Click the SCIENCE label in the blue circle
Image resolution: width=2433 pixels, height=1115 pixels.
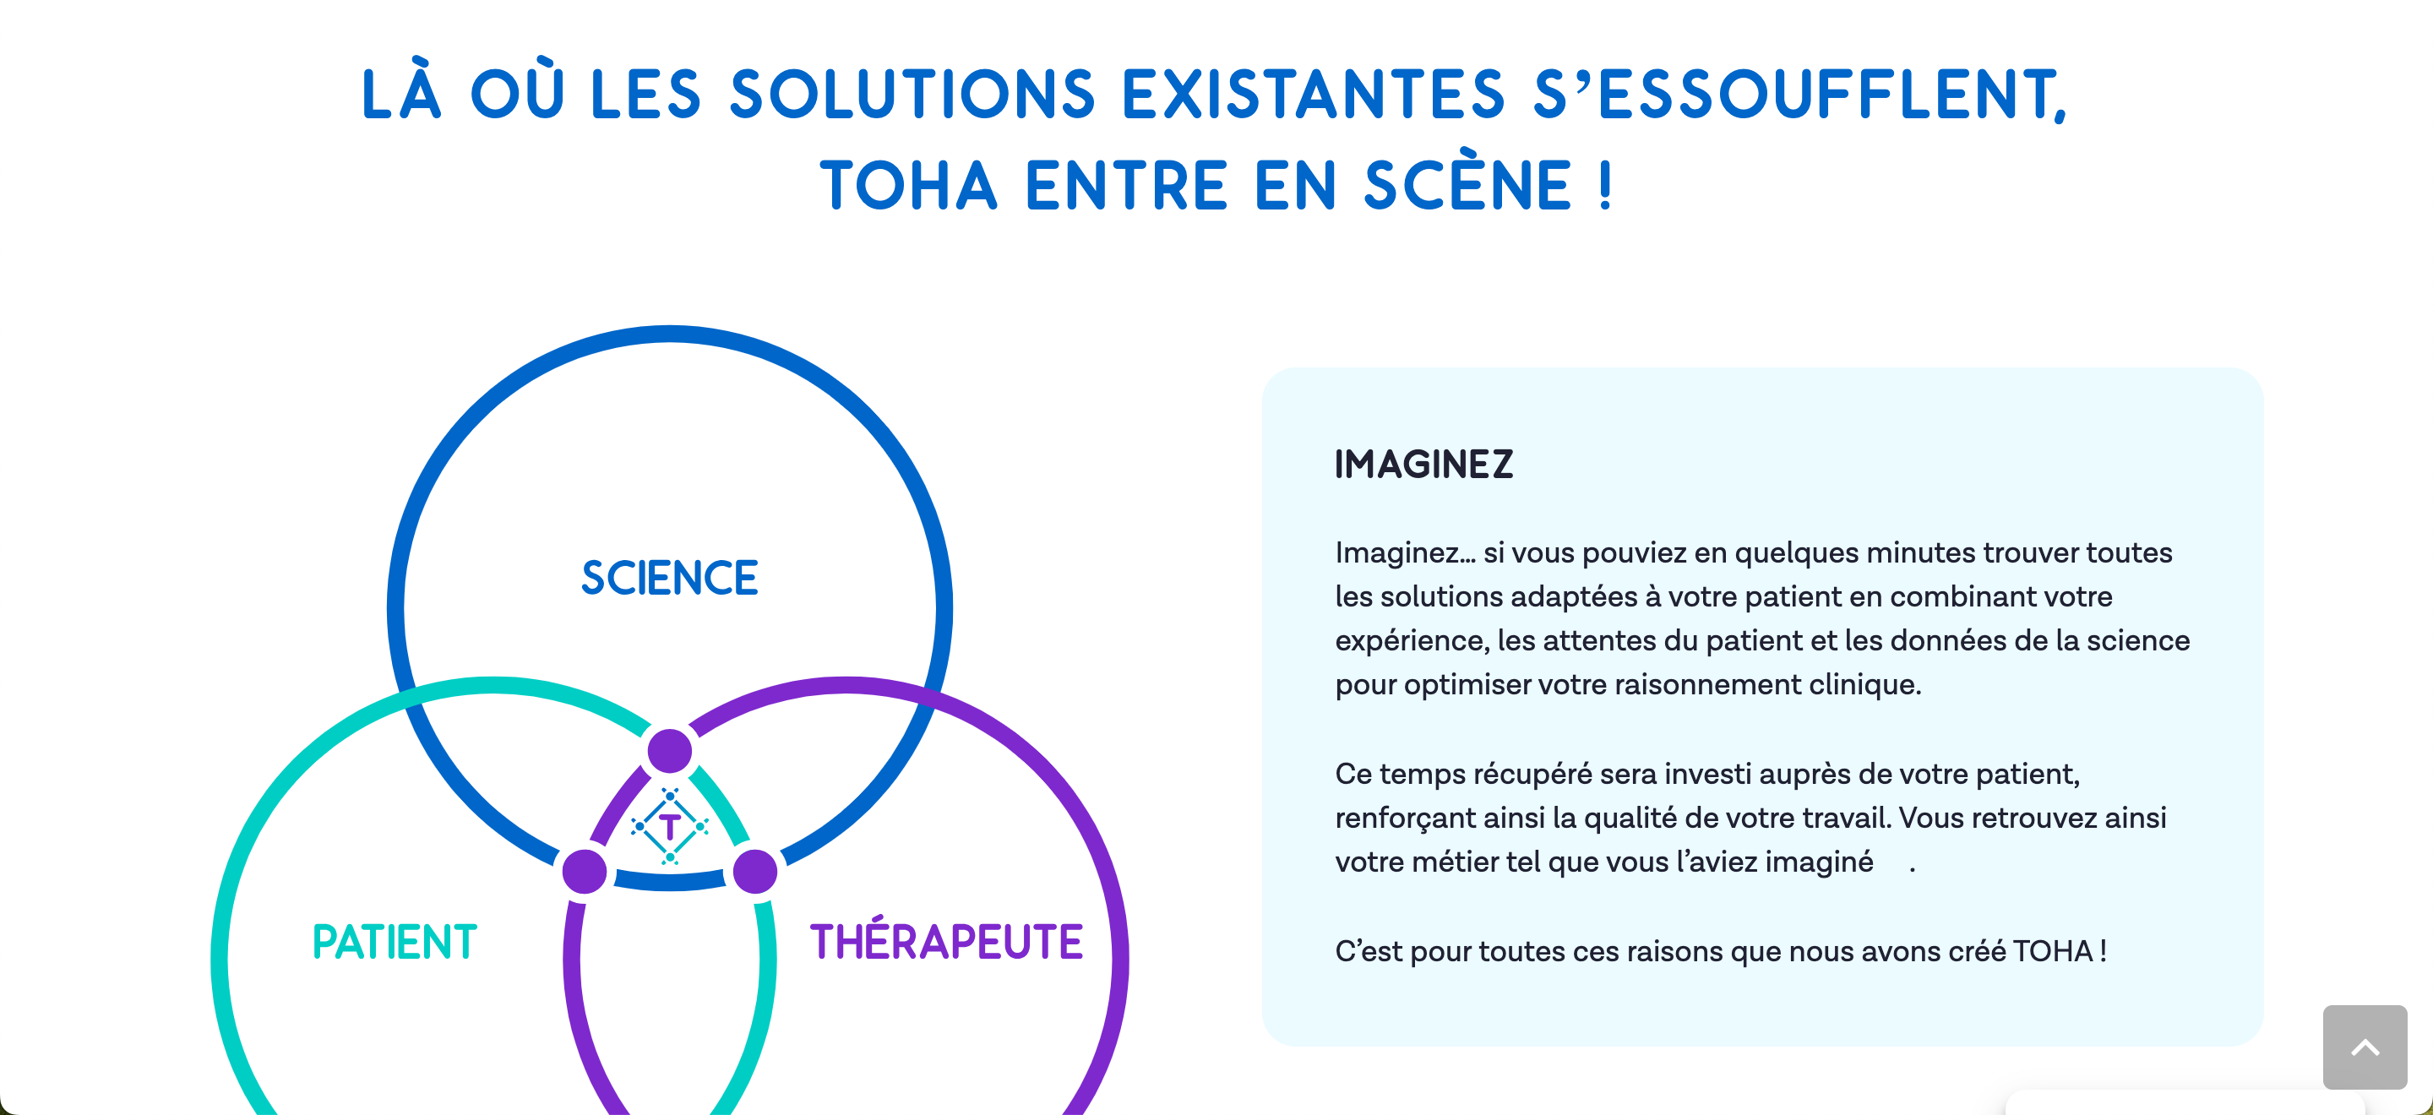(x=670, y=578)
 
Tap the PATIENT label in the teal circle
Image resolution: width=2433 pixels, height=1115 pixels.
(x=395, y=941)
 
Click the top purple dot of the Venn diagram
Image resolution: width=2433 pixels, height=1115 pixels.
(x=670, y=752)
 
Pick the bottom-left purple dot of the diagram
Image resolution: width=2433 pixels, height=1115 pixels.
(x=585, y=871)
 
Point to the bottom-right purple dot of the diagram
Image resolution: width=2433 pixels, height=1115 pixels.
(x=755, y=871)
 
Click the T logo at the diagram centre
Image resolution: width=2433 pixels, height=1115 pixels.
(x=670, y=826)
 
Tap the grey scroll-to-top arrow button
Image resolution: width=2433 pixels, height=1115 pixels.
(x=2365, y=1047)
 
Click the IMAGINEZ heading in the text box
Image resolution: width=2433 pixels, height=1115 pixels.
(x=1423, y=465)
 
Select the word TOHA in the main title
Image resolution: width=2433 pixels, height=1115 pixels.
(x=909, y=185)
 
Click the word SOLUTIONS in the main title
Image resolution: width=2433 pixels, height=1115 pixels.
(x=912, y=95)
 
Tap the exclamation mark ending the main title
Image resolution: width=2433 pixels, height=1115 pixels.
(x=1606, y=185)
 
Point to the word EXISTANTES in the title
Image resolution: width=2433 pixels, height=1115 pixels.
(x=1313, y=95)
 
